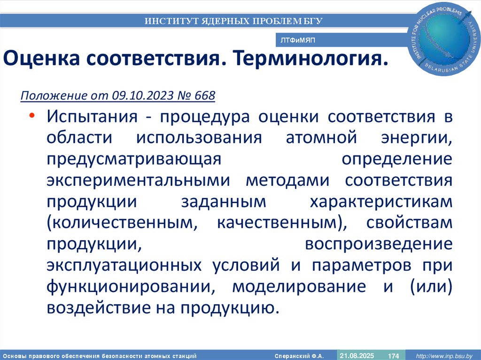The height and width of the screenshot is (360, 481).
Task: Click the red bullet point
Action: [x=32, y=116]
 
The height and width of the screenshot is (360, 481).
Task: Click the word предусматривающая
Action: [x=133, y=159]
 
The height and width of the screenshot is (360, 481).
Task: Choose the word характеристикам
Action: [x=380, y=202]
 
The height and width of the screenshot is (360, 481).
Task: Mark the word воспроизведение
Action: [x=379, y=244]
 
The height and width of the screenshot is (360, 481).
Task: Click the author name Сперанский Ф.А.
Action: [x=300, y=355]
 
